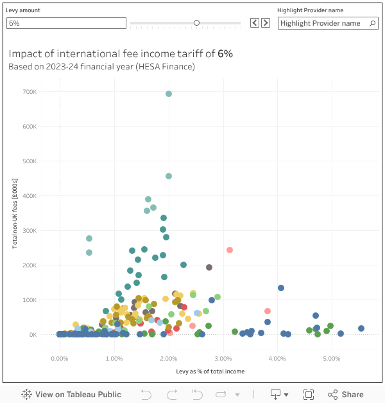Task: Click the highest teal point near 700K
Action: [169, 94]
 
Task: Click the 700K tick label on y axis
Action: [30, 92]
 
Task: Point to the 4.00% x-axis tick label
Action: [277, 359]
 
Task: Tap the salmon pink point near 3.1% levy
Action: [230, 250]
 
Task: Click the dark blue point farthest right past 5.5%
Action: [361, 328]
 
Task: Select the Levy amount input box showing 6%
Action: [66, 23]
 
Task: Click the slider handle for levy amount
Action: [196, 23]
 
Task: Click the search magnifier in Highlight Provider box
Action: [372, 23]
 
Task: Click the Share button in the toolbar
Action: [345, 395]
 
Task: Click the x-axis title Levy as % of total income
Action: [210, 372]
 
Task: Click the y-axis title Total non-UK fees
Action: [15, 213]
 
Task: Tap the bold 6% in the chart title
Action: [225, 54]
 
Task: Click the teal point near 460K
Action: [169, 176]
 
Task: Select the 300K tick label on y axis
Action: [30, 231]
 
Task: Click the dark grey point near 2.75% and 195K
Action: [209, 267]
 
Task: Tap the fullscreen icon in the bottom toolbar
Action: [308, 395]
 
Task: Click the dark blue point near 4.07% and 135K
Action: [281, 288]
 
